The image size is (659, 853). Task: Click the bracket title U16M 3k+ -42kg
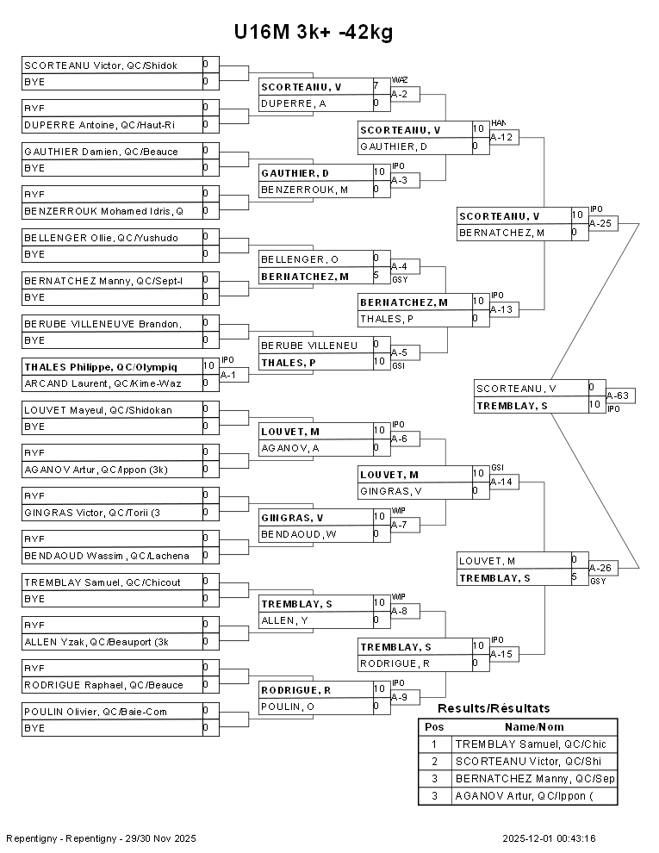(314, 33)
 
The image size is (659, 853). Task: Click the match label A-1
(228, 375)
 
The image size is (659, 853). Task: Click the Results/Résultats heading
(494, 708)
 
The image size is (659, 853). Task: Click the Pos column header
(434, 727)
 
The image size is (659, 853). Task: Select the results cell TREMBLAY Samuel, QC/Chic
(531, 744)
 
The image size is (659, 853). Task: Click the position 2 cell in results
(434, 762)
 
